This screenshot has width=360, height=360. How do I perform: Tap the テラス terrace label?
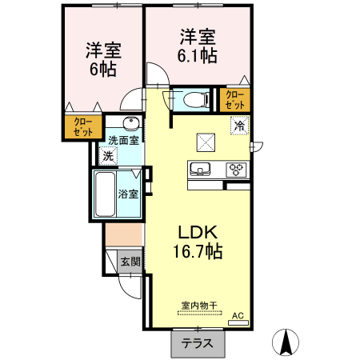[196, 344]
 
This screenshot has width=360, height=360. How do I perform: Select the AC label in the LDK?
[237, 316]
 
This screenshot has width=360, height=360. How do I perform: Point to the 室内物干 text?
[199, 304]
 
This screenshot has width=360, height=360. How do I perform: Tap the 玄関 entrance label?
[130, 261]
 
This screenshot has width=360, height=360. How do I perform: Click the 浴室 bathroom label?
[128, 194]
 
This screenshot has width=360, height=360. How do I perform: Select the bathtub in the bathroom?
[105, 194]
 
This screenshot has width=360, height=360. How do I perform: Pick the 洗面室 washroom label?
[123, 138]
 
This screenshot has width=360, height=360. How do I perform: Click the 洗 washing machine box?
[108, 157]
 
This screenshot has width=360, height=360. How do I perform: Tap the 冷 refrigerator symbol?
[238, 125]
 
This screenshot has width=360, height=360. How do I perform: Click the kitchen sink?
[199, 168]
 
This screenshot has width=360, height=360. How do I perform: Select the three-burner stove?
[237, 169]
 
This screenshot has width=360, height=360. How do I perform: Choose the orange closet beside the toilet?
[234, 100]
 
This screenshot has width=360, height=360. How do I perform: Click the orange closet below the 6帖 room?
[83, 128]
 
